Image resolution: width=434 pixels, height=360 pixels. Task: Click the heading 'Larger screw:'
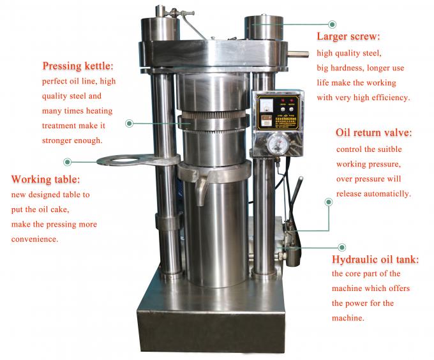pos(348,36)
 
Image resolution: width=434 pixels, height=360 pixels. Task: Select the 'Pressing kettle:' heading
pos(78,66)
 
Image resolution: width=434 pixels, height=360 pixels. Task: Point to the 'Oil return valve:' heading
pos(373,133)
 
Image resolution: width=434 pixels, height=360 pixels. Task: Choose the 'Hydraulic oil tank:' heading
pos(375,260)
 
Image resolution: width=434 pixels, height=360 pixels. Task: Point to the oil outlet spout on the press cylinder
pos(202,189)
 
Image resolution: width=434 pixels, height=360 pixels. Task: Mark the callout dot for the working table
pos(68,161)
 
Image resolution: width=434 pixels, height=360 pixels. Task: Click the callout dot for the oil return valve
pos(329,202)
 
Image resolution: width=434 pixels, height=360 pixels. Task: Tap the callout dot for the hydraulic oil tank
pos(342,246)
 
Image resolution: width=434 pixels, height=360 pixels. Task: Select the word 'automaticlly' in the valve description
pos(386,193)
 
